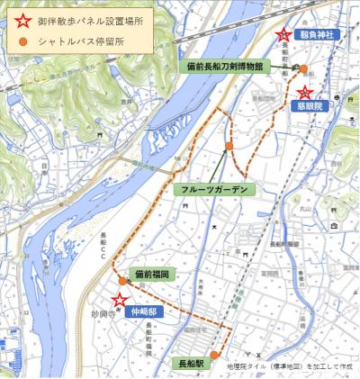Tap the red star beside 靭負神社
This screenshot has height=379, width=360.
(283, 35)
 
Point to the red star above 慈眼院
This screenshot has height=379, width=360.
(305, 92)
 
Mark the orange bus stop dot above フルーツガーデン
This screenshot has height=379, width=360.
(229, 146)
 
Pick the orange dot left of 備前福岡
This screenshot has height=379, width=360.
(122, 280)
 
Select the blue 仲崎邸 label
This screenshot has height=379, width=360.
(143, 311)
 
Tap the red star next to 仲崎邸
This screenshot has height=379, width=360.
(118, 302)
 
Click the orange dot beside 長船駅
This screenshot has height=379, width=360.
(213, 354)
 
